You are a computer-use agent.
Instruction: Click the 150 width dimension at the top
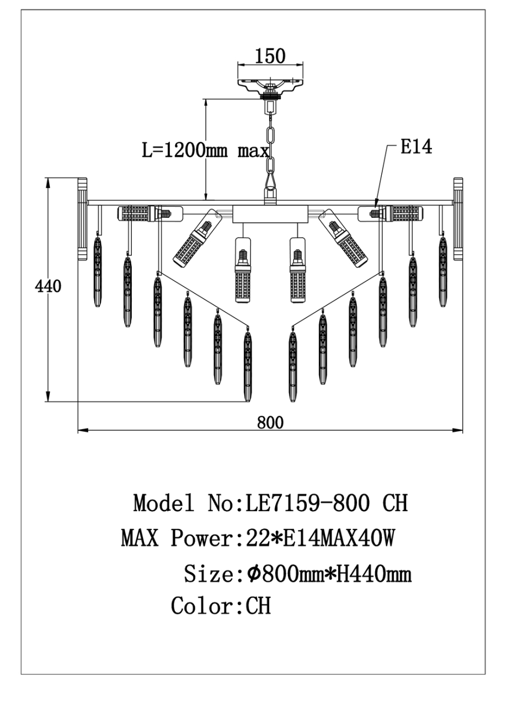point(270,56)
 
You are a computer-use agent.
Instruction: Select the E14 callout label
point(416,147)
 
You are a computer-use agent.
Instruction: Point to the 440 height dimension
point(48,287)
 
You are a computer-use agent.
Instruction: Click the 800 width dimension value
point(270,422)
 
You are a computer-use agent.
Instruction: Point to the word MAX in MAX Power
point(140,538)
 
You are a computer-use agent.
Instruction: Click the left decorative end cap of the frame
point(82,218)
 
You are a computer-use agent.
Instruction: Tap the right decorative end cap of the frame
point(458,218)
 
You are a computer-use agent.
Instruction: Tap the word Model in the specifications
point(164,503)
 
